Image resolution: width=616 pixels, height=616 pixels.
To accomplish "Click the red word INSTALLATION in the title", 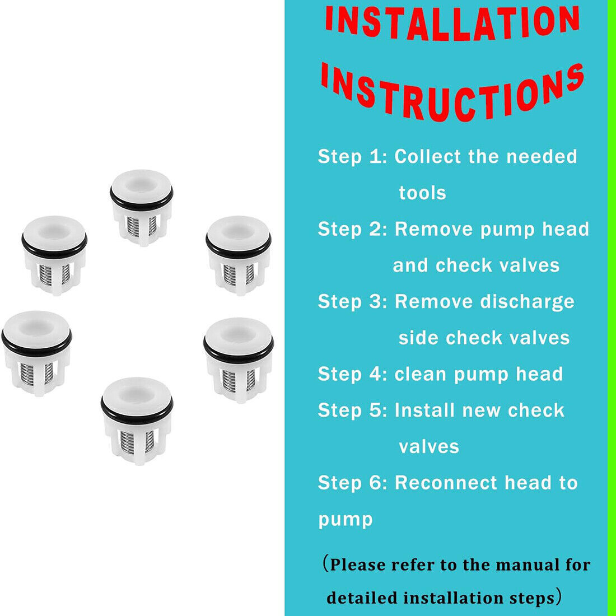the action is click(452, 23).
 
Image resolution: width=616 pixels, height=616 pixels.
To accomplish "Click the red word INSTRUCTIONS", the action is click(452, 92).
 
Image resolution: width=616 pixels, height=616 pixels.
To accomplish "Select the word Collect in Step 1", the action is click(427, 156).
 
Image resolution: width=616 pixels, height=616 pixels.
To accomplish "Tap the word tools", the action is click(423, 193).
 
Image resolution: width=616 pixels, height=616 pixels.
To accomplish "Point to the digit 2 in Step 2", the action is click(375, 229).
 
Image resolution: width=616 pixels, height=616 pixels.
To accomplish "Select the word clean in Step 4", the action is click(421, 375).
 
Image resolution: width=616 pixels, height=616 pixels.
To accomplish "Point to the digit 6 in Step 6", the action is click(375, 483).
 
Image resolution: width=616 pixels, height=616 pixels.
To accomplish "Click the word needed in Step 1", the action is click(542, 156).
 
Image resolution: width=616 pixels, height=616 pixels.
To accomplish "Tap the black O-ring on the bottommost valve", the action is click(137, 413).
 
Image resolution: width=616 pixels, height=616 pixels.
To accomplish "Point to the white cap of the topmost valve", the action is click(141, 185).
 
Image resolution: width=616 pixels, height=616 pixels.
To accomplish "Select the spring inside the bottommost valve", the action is click(137, 442).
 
